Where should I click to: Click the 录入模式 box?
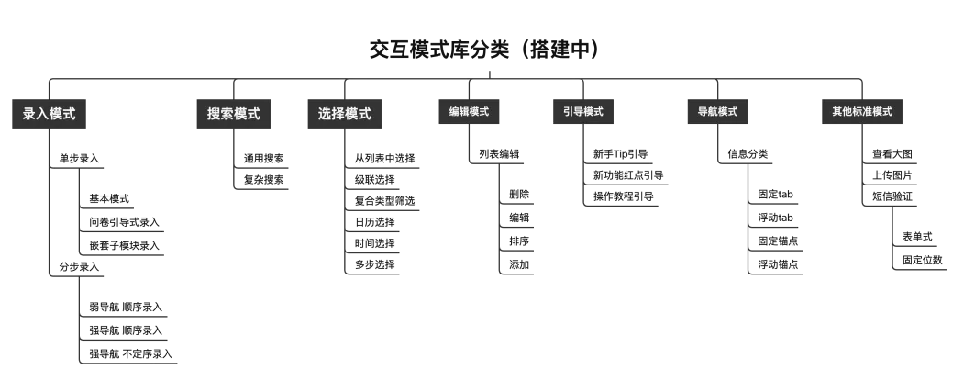coord(50,114)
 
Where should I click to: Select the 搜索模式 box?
coord(233,114)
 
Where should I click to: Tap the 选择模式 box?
coord(344,114)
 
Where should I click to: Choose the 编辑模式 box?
coord(469,112)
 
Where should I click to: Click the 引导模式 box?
coord(583,112)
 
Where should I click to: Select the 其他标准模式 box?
coord(862,112)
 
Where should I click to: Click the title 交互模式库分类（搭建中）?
coord(486,50)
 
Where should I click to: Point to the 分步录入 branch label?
coord(79,267)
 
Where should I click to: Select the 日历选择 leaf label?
coord(374,222)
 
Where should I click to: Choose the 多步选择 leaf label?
coord(374,264)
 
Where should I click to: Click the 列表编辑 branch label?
coord(499,154)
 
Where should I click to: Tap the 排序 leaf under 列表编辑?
coord(519,241)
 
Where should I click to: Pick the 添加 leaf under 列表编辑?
coord(519,264)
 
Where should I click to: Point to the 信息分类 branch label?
coord(748,154)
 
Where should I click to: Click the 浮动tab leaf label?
coord(775,218)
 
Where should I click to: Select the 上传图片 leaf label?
coord(892,174)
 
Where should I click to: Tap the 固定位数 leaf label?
coord(918,262)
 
